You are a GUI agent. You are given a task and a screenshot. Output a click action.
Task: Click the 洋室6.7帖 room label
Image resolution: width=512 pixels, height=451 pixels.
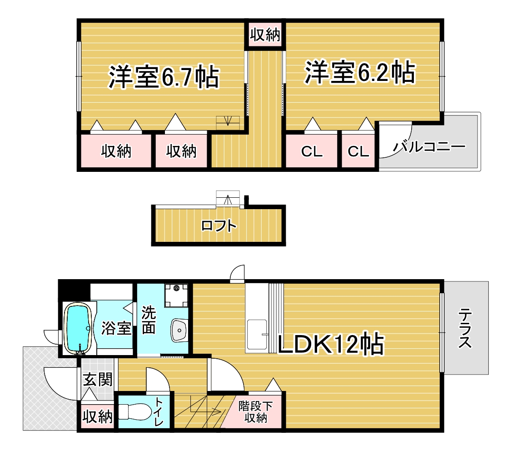click(x=164, y=77)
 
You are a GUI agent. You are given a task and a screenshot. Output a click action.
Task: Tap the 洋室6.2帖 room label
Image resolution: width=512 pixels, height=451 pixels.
click(x=360, y=72)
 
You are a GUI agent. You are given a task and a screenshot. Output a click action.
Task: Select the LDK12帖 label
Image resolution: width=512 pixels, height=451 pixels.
click(x=330, y=344)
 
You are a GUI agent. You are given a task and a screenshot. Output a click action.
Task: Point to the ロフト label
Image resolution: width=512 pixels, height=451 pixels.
click(x=219, y=226)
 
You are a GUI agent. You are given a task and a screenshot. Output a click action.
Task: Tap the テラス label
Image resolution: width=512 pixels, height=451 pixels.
click(x=465, y=328)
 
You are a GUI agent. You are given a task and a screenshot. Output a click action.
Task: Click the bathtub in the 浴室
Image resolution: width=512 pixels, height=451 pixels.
click(x=78, y=328)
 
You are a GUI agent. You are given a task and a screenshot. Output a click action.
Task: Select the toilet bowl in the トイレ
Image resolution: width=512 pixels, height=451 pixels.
click(x=134, y=411)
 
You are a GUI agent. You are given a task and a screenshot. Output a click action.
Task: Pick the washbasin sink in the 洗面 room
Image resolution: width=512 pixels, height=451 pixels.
click(x=179, y=330)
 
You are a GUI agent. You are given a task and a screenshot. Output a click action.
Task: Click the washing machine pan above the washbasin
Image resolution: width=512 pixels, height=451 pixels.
click(x=177, y=295)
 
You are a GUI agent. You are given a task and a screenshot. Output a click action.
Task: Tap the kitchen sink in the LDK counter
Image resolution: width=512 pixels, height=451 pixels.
click(x=257, y=335)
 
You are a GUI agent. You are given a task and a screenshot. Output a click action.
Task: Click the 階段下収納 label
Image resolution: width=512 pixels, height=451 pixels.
click(x=255, y=412)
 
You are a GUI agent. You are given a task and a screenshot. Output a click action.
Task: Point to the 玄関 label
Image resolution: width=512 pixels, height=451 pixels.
click(x=97, y=380)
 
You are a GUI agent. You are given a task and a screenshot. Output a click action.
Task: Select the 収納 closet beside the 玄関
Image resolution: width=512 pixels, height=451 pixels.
click(x=97, y=417)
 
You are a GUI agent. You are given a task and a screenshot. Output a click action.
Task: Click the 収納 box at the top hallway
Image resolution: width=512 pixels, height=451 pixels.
click(x=265, y=35)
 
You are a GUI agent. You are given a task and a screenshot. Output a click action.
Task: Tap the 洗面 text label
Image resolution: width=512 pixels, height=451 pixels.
click(x=149, y=320)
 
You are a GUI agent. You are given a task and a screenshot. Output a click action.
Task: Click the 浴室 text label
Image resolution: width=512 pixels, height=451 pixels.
click(x=116, y=328)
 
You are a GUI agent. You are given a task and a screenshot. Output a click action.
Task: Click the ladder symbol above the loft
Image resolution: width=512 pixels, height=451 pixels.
click(x=228, y=198)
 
